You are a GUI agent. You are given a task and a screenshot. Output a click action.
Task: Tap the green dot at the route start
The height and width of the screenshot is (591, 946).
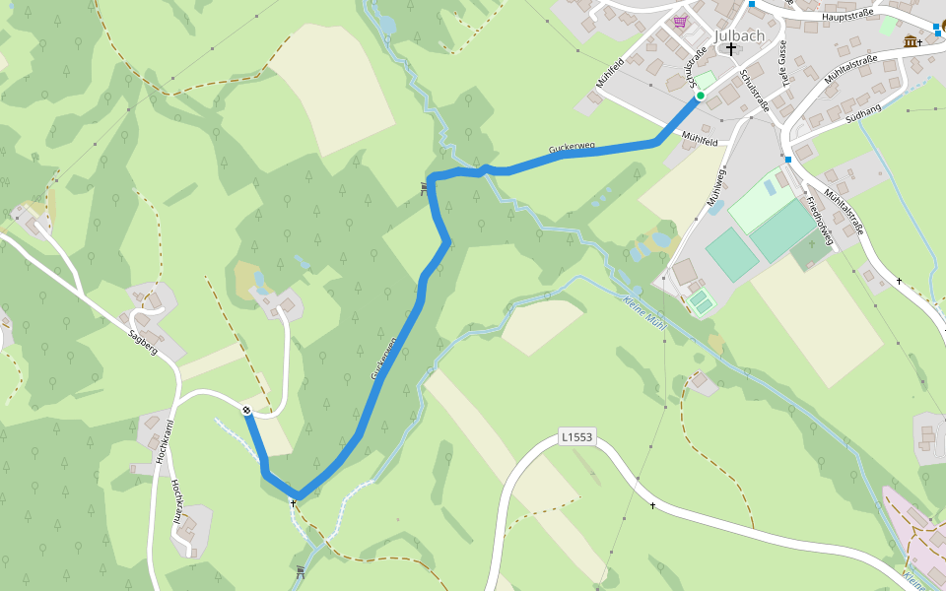[700, 96]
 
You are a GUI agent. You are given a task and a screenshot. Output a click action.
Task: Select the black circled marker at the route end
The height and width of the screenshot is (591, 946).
[246, 410]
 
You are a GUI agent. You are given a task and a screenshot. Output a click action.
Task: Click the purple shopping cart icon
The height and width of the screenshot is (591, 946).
[679, 22]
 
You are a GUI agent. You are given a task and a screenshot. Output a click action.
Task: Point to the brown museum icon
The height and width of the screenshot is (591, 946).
[909, 41]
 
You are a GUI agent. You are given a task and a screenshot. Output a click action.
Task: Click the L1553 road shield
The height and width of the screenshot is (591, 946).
[578, 436]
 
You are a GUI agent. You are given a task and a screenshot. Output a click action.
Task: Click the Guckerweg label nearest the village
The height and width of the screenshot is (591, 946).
[573, 148]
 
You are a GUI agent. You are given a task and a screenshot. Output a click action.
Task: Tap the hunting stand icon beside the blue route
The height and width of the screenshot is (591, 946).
[425, 187]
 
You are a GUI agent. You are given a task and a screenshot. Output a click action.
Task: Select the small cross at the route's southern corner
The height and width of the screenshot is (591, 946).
[293, 502]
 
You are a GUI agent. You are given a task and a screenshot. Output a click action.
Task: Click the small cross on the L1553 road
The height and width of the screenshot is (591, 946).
[652, 505]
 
